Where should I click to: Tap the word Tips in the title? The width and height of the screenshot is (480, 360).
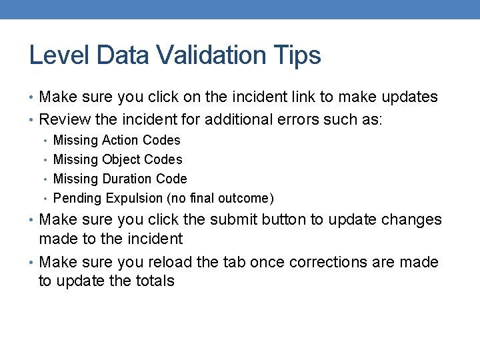[x=299, y=55]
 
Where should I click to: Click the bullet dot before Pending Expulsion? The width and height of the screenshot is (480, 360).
[x=44, y=199]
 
